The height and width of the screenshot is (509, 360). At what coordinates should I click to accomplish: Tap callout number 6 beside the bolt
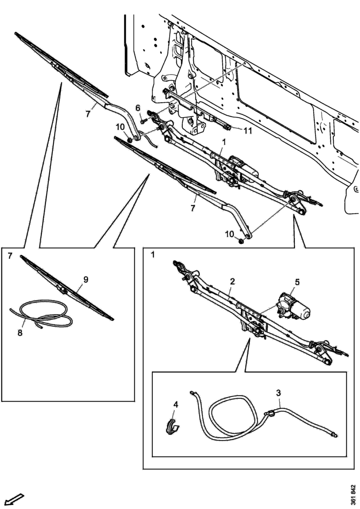tap(138, 108)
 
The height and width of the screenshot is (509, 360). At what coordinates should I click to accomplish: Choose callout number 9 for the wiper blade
tap(86, 279)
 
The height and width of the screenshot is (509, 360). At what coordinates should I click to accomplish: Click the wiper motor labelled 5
tap(293, 307)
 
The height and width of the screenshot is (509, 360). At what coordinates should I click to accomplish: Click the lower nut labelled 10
tap(240, 241)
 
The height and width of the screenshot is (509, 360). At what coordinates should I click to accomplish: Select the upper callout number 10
tap(119, 127)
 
